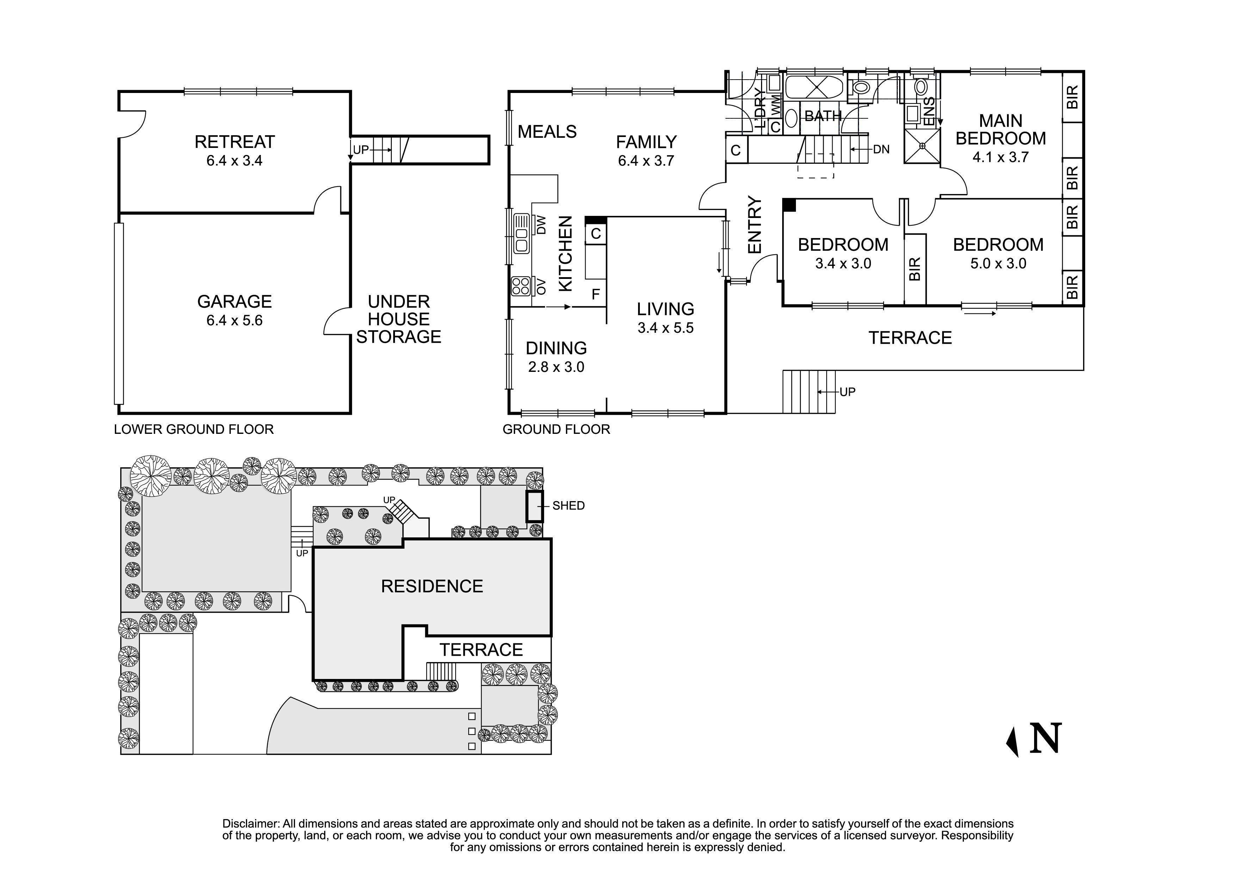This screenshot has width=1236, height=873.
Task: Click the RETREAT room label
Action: point(235,142)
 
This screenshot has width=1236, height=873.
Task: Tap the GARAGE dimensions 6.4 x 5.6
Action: point(235,320)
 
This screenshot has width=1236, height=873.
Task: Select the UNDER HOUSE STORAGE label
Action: point(398,319)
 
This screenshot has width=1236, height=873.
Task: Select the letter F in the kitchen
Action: point(595,294)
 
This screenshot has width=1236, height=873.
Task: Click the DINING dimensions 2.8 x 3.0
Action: point(556,367)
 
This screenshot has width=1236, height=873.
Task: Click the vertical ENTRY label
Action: point(755,225)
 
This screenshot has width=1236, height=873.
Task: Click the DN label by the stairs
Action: point(881,149)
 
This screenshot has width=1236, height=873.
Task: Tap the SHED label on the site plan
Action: point(568,506)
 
